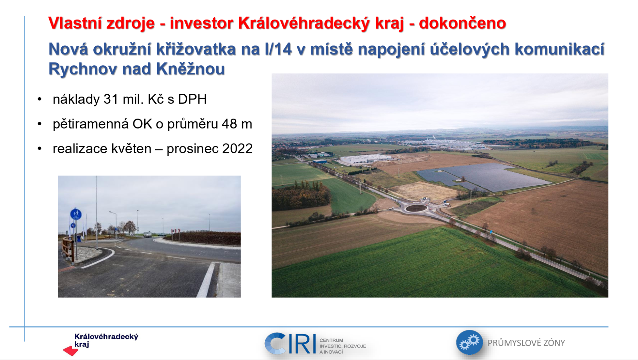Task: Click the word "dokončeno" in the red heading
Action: point(462,23)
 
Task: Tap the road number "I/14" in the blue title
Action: point(279,49)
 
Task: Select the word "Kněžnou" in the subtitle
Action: point(190,69)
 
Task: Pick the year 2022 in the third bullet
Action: point(238,149)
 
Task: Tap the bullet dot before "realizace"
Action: point(40,149)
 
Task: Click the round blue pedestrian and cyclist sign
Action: point(76,214)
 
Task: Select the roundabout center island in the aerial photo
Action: point(416,208)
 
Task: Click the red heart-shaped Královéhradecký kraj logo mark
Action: point(70,351)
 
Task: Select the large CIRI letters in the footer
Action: point(290,344)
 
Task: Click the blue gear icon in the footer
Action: point(469,342)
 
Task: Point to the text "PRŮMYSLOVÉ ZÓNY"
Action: point(526,343)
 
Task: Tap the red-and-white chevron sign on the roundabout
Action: point(175,230)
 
